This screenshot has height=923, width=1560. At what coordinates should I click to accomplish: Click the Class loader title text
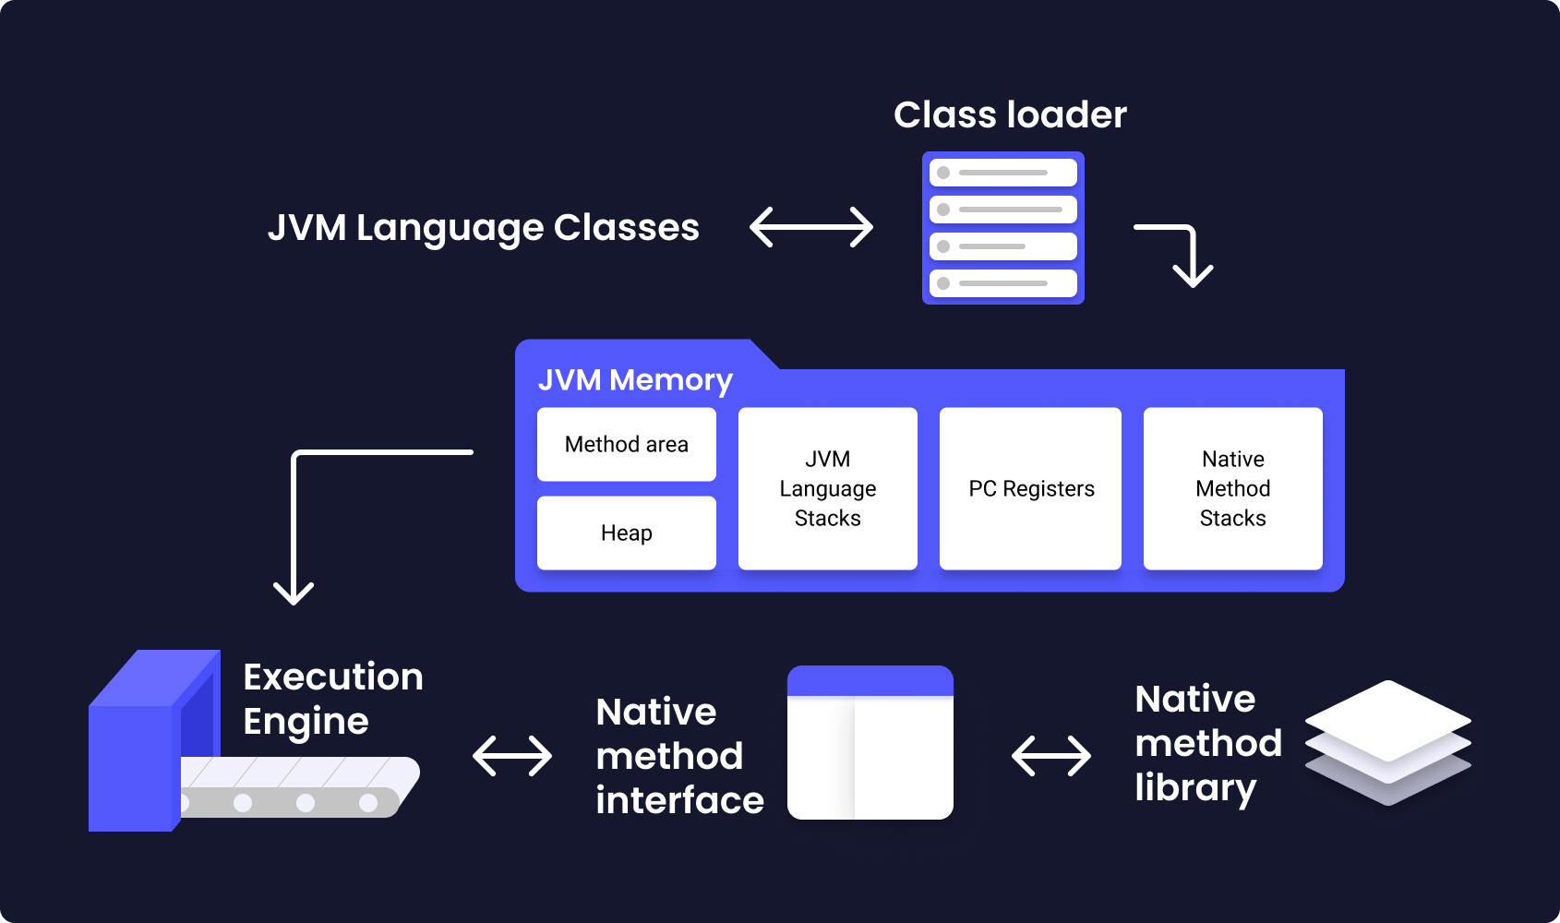[x=1010, y=114]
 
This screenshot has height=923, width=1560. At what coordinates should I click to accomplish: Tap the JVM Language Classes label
[x=484, y=228]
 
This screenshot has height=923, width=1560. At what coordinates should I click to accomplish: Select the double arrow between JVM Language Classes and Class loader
[x=811, y=226]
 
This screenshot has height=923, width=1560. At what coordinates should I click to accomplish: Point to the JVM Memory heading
[x=635, y=380]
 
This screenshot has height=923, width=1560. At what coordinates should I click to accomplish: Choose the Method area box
[x=627, y=445]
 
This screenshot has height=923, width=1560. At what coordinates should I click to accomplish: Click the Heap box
[x=627, y=533]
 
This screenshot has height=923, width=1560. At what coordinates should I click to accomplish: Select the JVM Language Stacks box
[x=827, y=488]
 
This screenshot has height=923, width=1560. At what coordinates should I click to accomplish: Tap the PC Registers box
[x=1031, y=488]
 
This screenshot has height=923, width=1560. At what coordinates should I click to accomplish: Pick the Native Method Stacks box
[x=1232, y=488]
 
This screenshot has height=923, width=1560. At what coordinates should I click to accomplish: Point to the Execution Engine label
[x=333, y=699]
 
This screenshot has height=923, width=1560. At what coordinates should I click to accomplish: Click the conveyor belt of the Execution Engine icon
[x=296, y=787]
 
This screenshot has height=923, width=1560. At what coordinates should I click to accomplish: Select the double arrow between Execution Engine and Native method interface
[x=512, y=756]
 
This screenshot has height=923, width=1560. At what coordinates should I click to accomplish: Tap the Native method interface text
[x=679, y=756]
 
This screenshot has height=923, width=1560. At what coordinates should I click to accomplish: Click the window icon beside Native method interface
[x=870, y=743]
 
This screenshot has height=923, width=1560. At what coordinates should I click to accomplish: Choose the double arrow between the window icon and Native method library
[x=1051, y=756]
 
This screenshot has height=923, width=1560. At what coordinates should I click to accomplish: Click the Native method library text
[x=1208, y=743]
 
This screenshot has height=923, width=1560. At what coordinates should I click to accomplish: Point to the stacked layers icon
[x=1388, y=743]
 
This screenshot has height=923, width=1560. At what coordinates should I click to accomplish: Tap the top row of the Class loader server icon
[x=1002, y=173]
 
